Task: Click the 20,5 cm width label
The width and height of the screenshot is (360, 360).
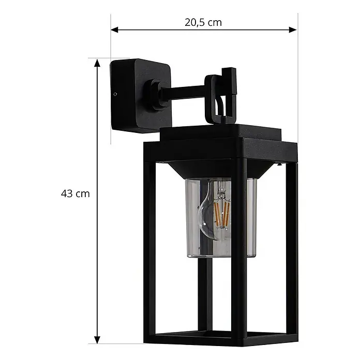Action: click(x=203, y=23)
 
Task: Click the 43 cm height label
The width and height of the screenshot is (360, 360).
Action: click(x=76, y=194)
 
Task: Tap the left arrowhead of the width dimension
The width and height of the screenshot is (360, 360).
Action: click(x=114, y=29)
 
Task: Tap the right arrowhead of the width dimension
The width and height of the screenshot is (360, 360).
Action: click(x=293, y=29)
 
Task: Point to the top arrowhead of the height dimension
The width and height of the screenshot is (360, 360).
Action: click(x=97, y=63)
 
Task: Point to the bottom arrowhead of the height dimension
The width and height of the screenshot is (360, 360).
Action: click(x=97, y=339)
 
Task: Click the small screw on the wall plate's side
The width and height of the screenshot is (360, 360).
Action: click(x=115, y=94)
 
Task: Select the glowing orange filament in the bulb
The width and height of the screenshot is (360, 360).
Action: click(x=221, y=214)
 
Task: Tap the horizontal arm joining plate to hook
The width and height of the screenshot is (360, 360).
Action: click(x=183, y=92)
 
